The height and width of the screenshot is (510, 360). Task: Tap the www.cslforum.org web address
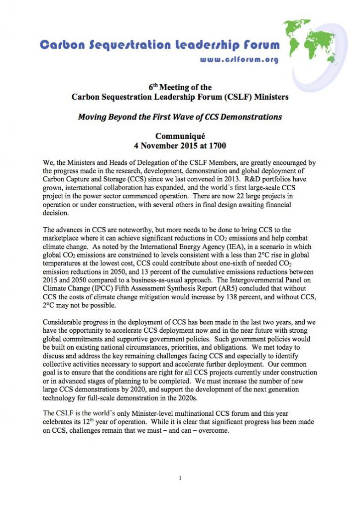point(239,59)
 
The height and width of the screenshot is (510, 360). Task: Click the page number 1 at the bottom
point(180,478)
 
